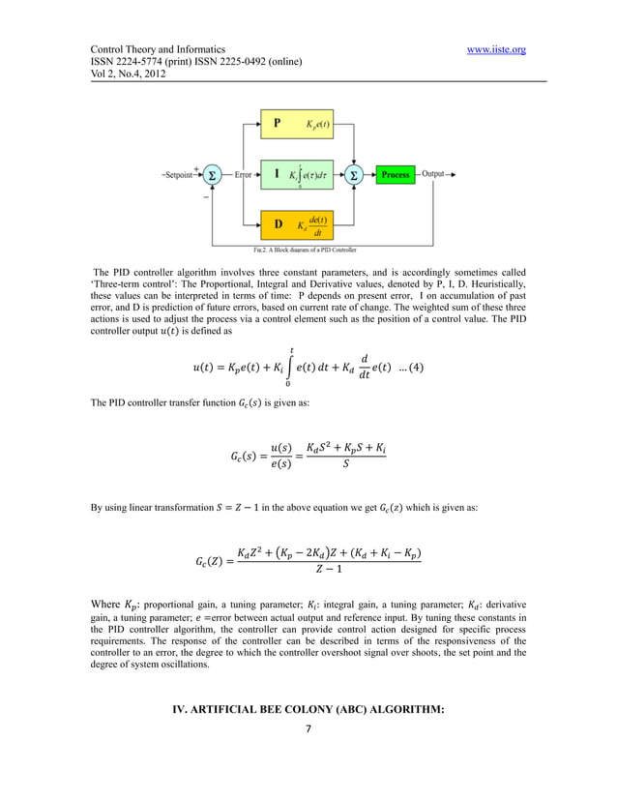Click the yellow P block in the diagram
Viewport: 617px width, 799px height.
coord(296,124)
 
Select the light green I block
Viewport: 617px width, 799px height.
coord(296,175)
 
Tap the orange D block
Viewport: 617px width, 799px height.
coord(296,225)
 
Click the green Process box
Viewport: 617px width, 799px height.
coord(396,175)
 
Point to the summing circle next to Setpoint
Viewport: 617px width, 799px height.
coord(213,175)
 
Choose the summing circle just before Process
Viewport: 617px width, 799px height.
coord(354,175)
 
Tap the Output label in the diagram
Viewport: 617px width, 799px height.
coord(433,174)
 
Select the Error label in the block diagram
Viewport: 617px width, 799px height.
coord(243,175)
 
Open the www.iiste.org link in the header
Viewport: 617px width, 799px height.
coord(495,49)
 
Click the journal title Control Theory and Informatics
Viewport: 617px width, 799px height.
coord(158,49)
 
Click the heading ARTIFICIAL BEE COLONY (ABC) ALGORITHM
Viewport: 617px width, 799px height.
coord(308,710)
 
